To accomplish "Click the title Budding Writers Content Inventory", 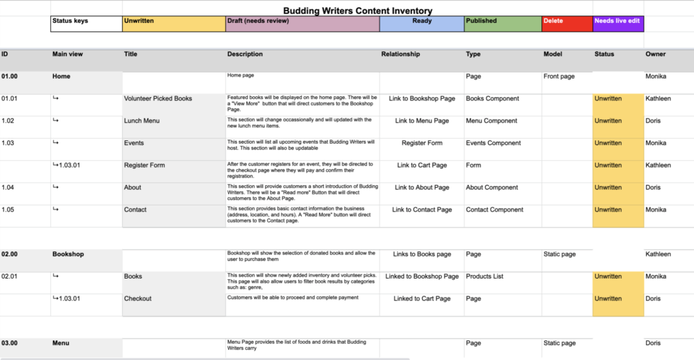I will (357, 11).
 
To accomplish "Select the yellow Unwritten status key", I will (173, 24).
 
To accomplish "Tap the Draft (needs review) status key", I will (302, 24).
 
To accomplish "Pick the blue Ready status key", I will (422, 24).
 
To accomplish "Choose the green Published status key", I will (502, 24).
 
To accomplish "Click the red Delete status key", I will (567, 24).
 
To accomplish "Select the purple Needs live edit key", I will (617, 24).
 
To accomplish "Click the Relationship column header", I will (401, 54).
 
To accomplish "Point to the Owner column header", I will (655, 54).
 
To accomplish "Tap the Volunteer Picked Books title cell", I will (158, 99).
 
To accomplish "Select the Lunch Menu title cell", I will (142, 121).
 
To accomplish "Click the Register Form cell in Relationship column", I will (422, 144).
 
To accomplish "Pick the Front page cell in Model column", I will (558, 77).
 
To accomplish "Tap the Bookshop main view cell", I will (68, 254).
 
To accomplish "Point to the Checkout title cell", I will (138, 299).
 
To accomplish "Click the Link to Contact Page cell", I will (422, 210).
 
